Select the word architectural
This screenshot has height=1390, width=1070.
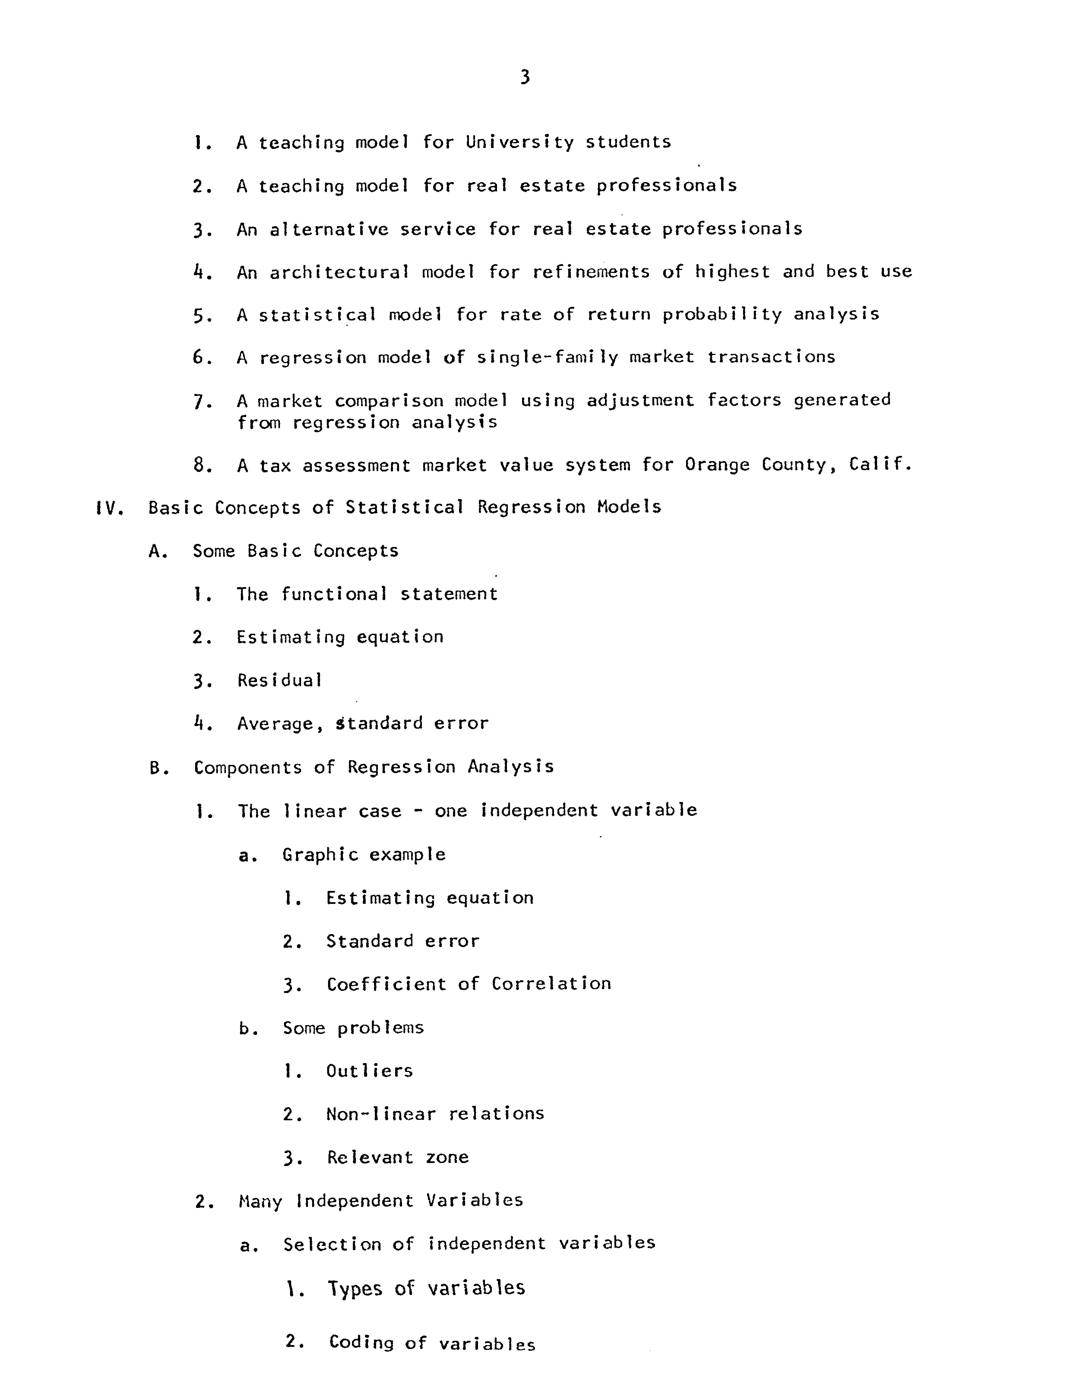[x=339, y=272]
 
